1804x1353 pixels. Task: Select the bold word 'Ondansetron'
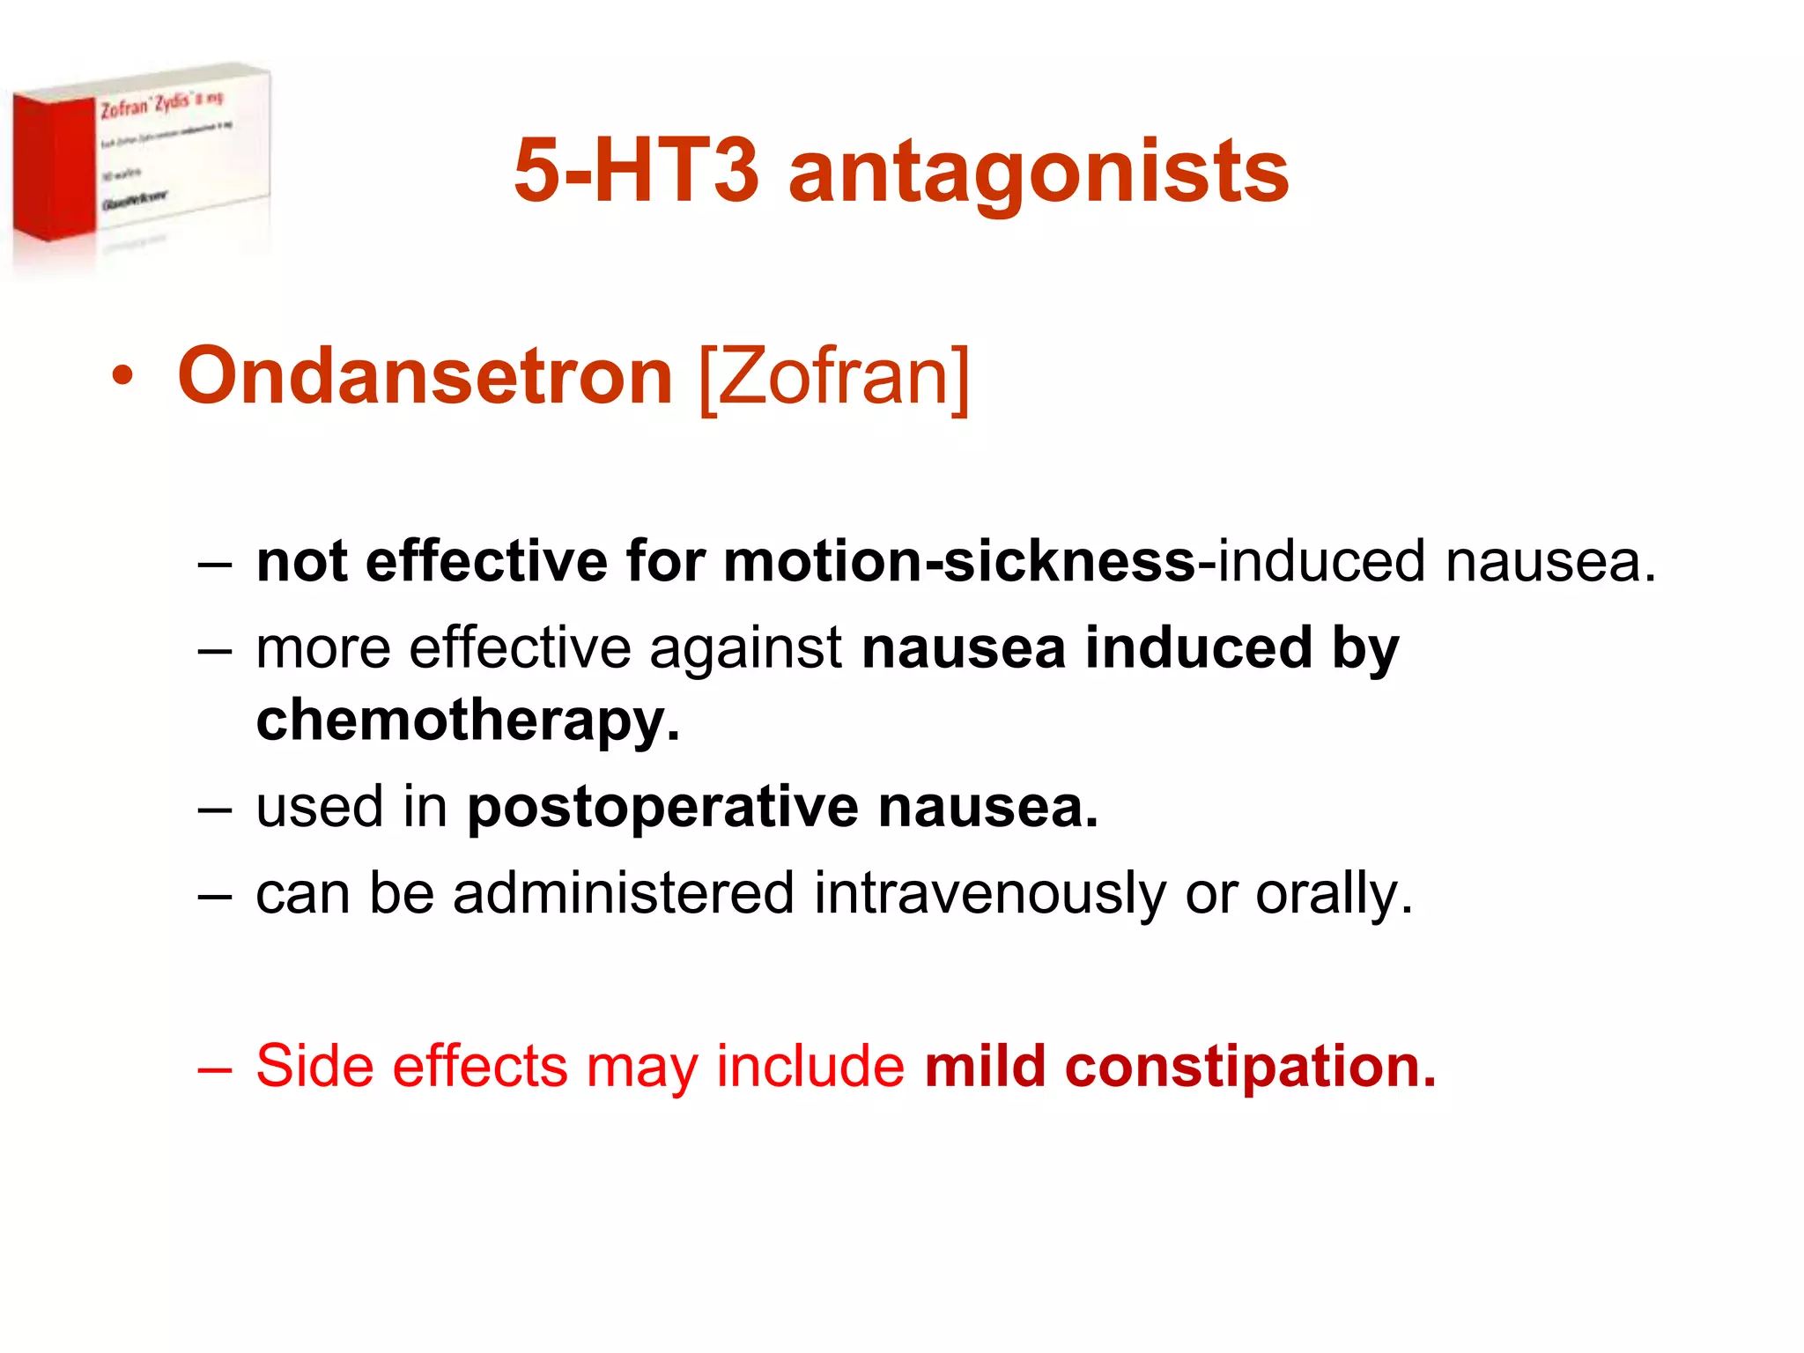click(425, 376)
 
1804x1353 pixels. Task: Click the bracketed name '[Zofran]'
click(833, 378)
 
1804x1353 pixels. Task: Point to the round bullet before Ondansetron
click(122, 377)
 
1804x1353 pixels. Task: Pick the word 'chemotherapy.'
click(468, 721)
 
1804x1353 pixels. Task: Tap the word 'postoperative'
click(662, 807)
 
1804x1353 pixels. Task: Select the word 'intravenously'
click(990, 893)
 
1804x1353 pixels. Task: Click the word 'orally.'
click(1334, 893)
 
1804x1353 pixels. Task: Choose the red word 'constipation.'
click(1250, 1066)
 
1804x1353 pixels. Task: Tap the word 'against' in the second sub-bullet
click(745, 649)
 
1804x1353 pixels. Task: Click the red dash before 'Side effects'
click(215, 1067)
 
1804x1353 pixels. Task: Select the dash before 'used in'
click(215, 808)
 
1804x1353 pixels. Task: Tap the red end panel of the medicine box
click(53, 167)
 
